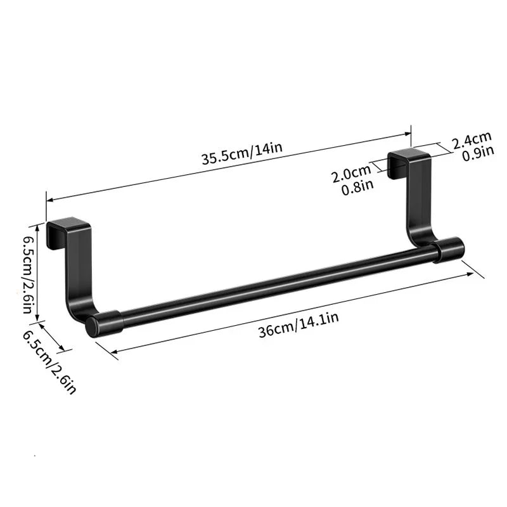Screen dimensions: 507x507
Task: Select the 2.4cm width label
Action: pyautogui.click(x=472, y=137)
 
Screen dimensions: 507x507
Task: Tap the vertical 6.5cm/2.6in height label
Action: pyautogui.click(x=27, y=274)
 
